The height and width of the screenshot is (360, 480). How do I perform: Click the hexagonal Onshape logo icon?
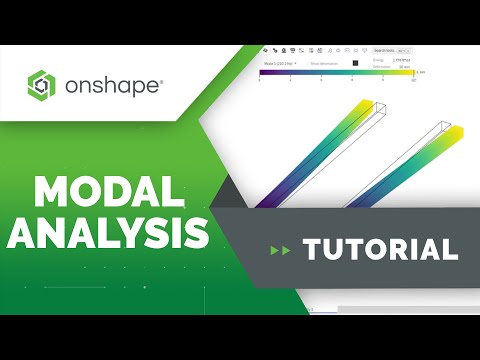(43, 85)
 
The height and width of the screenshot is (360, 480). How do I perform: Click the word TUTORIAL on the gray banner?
(381, 249)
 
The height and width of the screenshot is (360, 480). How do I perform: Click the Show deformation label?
(325, 62)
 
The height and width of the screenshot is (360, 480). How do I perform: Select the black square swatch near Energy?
(354, 62)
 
